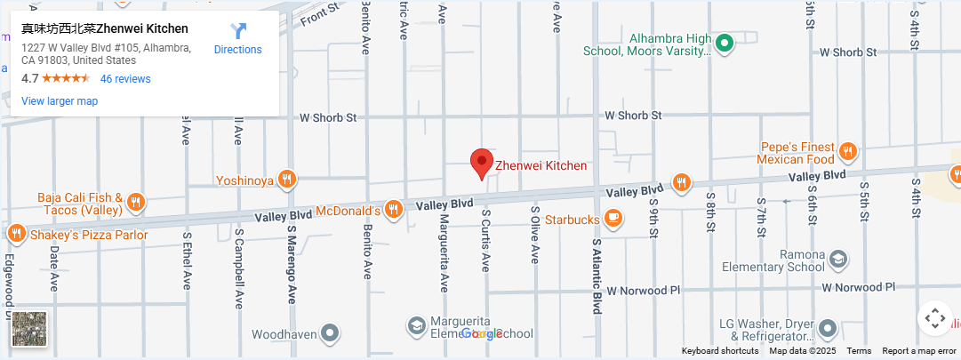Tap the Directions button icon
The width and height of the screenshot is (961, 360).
pyautogui.click(x=238, y=32)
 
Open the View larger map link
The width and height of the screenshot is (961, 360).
pyautogui.click(x=60, y=101)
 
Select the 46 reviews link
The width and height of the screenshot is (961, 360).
pyautogui.click(x=125, y=78)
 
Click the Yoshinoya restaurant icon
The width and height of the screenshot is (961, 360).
pyautogui.click(x=286, y=180)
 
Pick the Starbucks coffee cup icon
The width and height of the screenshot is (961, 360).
pyautogui.click(x=613, y=219)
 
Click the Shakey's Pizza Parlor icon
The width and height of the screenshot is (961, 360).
pyautogui.click(x=16, y=235)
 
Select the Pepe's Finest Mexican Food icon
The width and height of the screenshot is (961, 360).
pyautogui.click(x=847, y=152)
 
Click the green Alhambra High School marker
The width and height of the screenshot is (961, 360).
pyautogui.click(x=725, y=42)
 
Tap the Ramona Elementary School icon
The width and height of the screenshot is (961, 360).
pyautogui.click(x=837, y=260)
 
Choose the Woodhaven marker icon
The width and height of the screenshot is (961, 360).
pyautogui.click(x=331, y=333)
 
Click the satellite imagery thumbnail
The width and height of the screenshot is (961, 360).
pyautogui.click(x=29, y=329)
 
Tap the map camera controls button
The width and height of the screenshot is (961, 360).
pyautogui.click(x=934, y=317)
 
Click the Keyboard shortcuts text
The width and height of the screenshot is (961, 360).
pyautogui.click(x=720, y=351)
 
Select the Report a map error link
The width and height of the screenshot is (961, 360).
pyautogui.click(x=919, y=351)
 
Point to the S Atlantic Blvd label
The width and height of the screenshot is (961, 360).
pyautogui.click(x=597, y=276)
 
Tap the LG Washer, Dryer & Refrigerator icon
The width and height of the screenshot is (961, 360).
pyautogui.click(x=828, y=329)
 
